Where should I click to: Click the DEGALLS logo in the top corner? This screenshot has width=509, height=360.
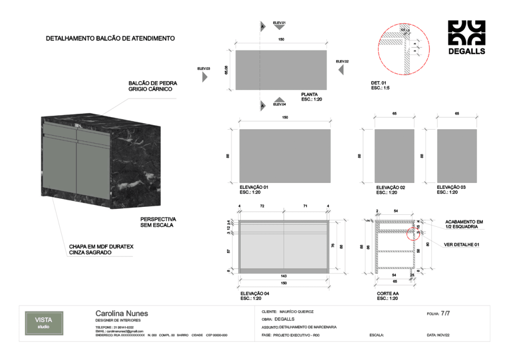[x=466, y=37]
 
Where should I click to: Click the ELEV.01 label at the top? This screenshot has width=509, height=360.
[x=279, y=23]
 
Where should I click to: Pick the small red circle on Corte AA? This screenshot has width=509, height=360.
[x=413, y=233]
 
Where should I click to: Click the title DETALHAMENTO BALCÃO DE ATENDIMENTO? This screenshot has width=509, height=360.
[x=110, y=38]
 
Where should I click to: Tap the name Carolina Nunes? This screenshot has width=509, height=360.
[x=121, y=314]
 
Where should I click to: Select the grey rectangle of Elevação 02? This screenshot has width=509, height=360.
[x=394, y=156]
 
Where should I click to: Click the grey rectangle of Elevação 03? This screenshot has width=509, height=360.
[x=457, y=156]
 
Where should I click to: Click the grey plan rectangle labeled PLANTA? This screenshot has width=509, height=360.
[x=281, y=70]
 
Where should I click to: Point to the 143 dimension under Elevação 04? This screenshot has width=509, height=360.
[x=283, y=276]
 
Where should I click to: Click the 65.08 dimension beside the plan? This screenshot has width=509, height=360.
[x=226, y=70]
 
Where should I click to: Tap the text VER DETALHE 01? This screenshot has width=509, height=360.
[x=461, y=245]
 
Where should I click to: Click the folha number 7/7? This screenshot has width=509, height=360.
[x=445, y=314]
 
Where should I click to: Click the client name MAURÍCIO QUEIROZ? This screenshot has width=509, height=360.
[x=300, y=312]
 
